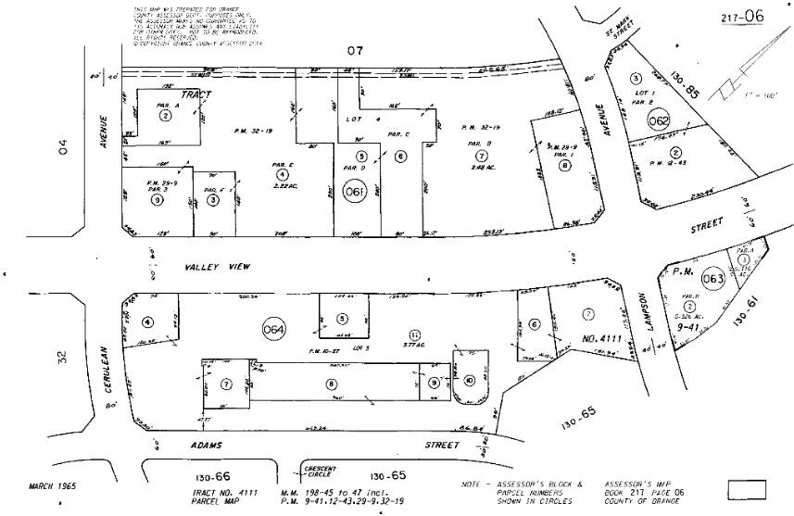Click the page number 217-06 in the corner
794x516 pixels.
(x=741, y=17)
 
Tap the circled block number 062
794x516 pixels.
(x=659, y=120)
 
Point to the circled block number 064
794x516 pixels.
(x=274, y=329)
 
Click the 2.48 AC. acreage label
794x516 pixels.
(x=481, y=168)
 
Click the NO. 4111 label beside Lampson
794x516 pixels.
(x=596, y=340)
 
